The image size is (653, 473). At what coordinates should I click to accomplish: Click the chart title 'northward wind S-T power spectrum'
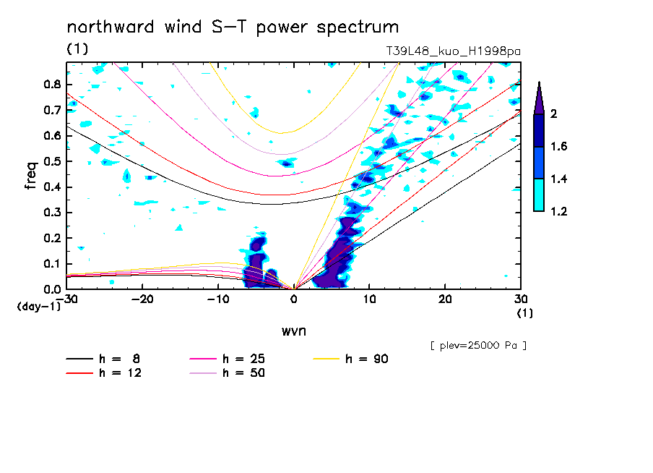coord(233,27)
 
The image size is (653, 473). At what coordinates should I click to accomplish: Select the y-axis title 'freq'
coord(31,176)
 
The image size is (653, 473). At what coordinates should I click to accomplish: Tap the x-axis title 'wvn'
coord(293,331)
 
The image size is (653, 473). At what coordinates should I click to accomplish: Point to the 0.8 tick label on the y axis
coord(51,84)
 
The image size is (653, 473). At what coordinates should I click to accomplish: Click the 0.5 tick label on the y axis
coord(51,161)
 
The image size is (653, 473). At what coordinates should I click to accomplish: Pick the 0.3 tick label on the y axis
coord(51,213)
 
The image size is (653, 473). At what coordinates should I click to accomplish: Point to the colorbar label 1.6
coord(558,147)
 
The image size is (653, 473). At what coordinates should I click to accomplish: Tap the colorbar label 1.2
coord(558,211)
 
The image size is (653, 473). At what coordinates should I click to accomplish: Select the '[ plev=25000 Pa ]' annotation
coord(478,346)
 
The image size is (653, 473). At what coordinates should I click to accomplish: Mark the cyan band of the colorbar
coord(539,195)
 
